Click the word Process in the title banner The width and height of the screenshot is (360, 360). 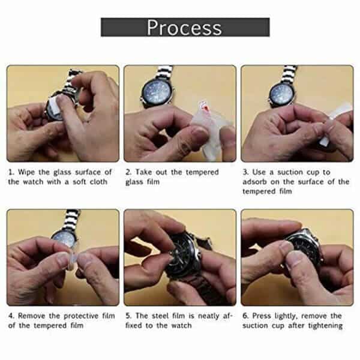click(x=184, y=28)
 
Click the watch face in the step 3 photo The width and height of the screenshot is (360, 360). click(x=281, y=94)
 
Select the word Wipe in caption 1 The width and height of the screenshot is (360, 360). click(x=27, y=172)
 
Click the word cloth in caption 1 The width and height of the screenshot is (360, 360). click(x=98, y=182)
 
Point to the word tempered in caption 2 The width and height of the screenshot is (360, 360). click(x=202, y=172)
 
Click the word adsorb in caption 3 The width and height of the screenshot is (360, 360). click(x=254, y=182)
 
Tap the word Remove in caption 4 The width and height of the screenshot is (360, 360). click(x=31, y=316)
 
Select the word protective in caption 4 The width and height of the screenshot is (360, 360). click(x=81, y=316)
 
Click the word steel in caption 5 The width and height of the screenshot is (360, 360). click(x=160, y=316)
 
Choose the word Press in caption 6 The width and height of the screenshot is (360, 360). click(x=261, y=316)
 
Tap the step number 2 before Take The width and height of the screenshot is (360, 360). click(x=128, y=172)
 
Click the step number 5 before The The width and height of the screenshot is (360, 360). click(x=128, y=316)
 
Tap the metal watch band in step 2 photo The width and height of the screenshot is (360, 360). click(x=163, y=73)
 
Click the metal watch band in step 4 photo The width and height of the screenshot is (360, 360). click(x=71, y=220)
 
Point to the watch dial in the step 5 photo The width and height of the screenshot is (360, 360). click(x=181, y=255)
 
